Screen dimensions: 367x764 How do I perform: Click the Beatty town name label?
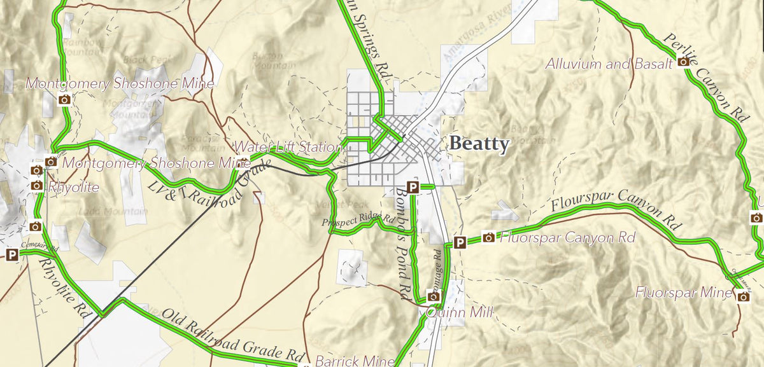tap(479, 144)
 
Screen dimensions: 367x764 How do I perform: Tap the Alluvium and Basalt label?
tap(609, 64)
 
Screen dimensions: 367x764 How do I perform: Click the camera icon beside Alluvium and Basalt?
tap(683, 62)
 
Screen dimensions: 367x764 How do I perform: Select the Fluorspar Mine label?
tap(684, 293)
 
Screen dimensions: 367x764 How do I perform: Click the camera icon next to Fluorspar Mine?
tap(742, 296)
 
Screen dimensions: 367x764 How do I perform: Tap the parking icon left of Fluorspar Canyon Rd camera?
tap(460, 242)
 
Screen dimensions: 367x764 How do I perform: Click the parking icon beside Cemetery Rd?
tap(11, 255)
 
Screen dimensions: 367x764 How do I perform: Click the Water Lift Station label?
tap(288, 147)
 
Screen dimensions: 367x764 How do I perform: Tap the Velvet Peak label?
tap(340, 204)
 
